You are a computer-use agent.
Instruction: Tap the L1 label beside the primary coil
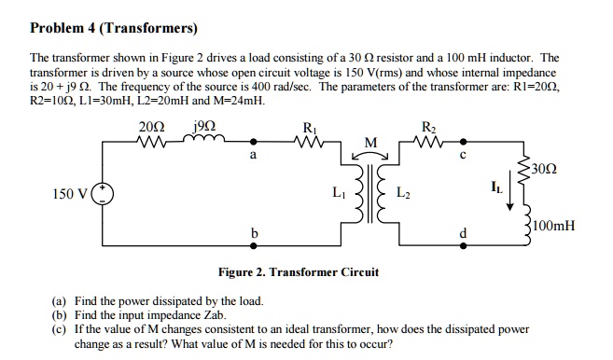[x=337, y=192]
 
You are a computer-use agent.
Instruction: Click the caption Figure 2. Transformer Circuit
[x=298, y=272]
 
